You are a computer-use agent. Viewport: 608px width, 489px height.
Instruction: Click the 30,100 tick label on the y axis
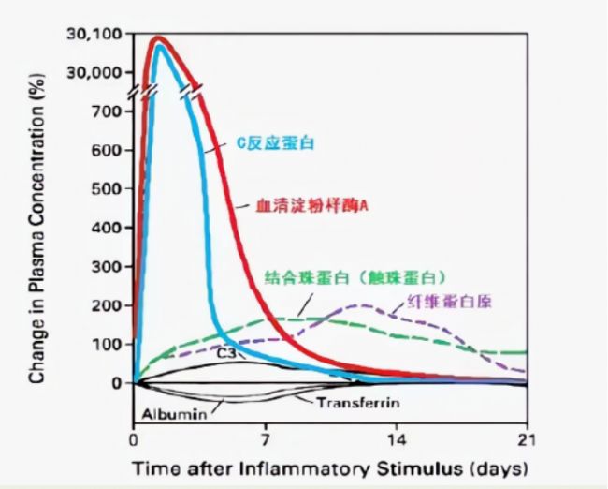[x=94, y=35]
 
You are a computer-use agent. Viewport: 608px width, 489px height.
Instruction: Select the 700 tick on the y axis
[x=108, y=111]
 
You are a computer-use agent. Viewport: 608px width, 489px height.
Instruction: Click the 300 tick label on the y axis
[x=108, y=267]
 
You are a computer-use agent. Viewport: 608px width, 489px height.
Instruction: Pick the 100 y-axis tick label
[x=108, y=345]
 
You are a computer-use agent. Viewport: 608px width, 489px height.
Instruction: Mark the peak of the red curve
[x=159, y=38]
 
